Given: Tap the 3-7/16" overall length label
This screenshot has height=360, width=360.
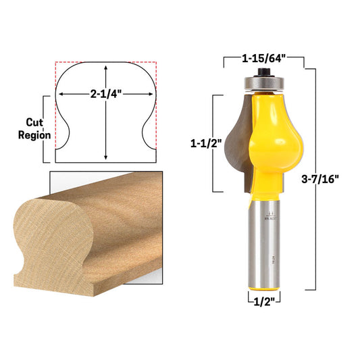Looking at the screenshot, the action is (320, 179).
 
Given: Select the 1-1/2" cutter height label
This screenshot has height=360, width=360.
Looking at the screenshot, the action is (206, 144).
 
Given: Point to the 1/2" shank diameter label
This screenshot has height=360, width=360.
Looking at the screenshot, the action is (264, 302).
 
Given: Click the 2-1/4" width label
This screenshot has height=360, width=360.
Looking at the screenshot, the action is (105, 94).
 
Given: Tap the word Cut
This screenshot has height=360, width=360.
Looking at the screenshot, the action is (34, 122).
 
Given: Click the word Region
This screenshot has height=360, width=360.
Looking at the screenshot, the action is (34, 135).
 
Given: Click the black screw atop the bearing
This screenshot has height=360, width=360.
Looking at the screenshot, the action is (264, 72).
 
